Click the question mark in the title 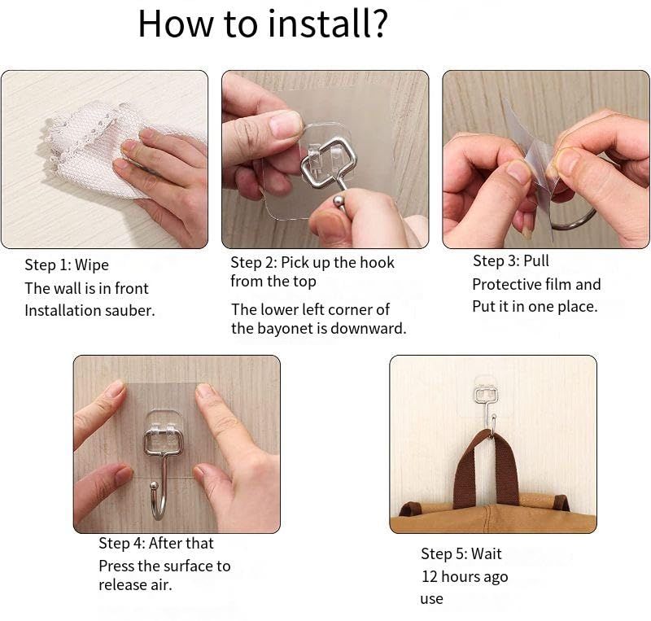point(378,24)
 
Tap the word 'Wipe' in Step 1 point(92,265)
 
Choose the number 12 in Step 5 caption point(430,576)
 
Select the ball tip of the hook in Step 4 point(154,486)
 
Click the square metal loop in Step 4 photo point(164,442)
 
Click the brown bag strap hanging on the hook point(487,470)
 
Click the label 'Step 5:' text point(444,553)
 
